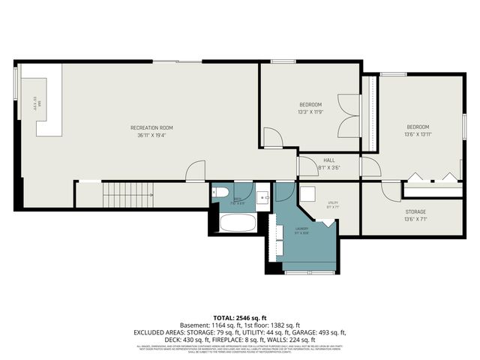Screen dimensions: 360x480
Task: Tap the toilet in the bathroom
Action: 219,193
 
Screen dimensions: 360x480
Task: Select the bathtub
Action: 237,223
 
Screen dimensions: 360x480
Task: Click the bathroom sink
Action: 262,198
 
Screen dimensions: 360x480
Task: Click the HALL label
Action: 329,160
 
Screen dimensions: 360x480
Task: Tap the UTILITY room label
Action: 333,202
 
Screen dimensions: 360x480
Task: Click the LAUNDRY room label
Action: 301,228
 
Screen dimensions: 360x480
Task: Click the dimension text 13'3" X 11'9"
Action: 310,112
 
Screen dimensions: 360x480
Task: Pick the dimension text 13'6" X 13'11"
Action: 418,134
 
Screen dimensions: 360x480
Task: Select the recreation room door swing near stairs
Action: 195,171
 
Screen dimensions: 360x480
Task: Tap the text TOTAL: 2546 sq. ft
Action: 239,318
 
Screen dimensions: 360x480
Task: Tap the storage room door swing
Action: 391,190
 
